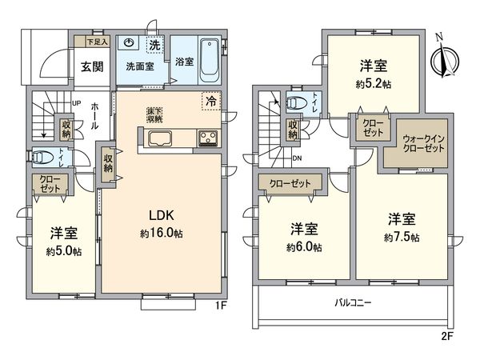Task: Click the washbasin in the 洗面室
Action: (x=130, y=45)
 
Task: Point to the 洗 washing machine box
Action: (x=155, y=45)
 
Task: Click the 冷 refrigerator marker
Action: (x=210, y=102)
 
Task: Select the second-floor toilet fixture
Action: (x=295, y=102)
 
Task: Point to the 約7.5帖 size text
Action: (x=402, y=237)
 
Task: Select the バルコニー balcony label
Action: (x=350, y=303)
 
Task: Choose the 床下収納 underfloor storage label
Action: (x=154, y=114)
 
